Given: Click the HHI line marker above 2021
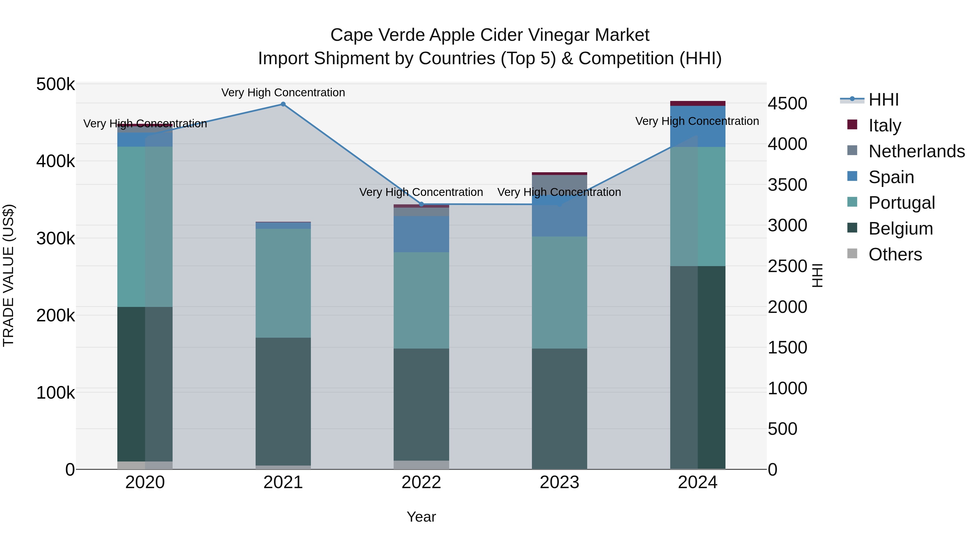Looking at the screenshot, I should tap(283, 104).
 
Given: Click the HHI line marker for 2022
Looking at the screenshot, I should tap(421, 204).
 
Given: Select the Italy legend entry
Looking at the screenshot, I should tap(884, 125).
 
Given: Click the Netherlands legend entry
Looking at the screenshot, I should tap(916, 151).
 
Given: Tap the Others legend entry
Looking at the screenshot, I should tap(895, 254).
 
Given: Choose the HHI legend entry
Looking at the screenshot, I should tap(883, 100).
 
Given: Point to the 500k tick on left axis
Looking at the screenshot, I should tap(56, 84).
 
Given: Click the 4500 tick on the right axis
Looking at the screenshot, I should tap(787, 103).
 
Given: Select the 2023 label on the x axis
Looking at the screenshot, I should tap(559, 482).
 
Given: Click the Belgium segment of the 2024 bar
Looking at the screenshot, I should tap(698, 367).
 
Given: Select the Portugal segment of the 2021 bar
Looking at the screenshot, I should tap(283, 283).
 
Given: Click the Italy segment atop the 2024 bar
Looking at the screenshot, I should tap(698, 103).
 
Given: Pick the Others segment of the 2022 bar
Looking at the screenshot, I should tap(421, 465).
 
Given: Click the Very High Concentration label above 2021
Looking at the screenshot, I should tap(283, 93).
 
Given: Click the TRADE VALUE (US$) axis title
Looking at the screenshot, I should tap(8, 275).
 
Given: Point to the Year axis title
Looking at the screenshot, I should tap(421, 517).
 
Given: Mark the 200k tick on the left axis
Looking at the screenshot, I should tap(56, 315).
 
